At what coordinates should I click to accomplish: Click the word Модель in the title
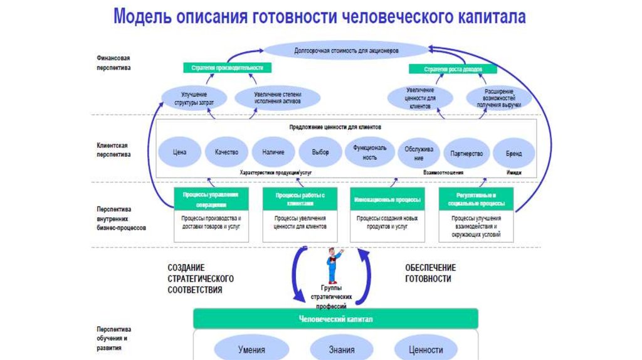[x=142, y=17]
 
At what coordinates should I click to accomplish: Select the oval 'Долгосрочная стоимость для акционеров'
[x=345, y=51]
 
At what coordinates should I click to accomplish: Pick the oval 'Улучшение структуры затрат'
[x=189, y=97]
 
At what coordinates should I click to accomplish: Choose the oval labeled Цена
[x=180, y=152]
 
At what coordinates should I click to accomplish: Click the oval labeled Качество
[x=226, y=152]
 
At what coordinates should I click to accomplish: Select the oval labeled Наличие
[x=273, y=152]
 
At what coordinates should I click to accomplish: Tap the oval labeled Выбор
[x=320, y=152]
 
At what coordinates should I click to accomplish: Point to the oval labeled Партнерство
[x=466, y=153]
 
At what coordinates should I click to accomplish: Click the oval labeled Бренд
[x=513, y=153]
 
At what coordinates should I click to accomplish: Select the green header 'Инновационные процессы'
[x=387, y=199]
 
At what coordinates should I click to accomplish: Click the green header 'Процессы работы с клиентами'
[x=299, y=199]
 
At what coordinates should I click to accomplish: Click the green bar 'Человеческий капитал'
[x=335, y=319]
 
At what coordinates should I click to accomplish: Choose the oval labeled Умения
[x=251, y=350]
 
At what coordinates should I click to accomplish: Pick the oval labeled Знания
[x=341, y=350]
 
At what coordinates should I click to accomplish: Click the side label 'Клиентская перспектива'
[x=113, y=149]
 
